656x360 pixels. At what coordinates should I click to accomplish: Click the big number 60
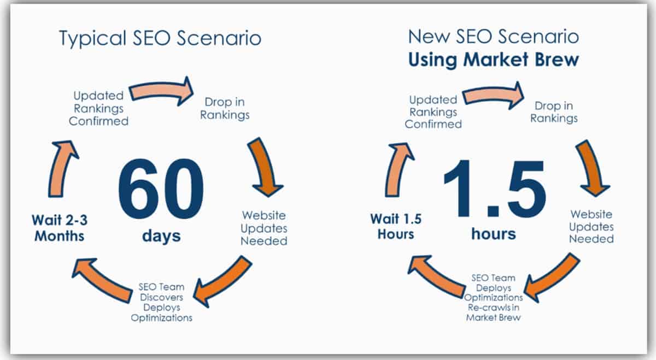[x=161, y=188]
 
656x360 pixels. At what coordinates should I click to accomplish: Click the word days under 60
[x=161, y=236]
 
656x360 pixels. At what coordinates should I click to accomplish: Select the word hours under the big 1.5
[x=494, y=234]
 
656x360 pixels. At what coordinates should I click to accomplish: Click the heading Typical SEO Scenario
[x=160, y=38]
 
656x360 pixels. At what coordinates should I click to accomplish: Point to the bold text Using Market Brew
[x=494, y=59]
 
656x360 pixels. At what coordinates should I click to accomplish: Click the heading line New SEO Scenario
[x=494, y=37]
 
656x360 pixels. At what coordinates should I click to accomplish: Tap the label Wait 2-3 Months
[x=58, y=228]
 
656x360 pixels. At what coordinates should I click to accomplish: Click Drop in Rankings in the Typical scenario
[x=225, y=108]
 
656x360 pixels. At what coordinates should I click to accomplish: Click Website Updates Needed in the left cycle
[x=264, y=228]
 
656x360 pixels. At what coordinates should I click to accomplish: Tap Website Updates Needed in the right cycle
[x=591, y=227]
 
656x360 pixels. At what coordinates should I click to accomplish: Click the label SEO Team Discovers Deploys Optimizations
[x=161, y=302]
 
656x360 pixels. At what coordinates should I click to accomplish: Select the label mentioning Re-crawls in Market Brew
[x=494, y=298]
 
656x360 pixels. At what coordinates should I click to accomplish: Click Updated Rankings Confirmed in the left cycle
[x=99, y=108]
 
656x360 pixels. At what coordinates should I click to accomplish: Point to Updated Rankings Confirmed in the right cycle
[x=433, y=112]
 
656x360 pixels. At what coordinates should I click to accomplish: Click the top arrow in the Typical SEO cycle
[x=161, y=90]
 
